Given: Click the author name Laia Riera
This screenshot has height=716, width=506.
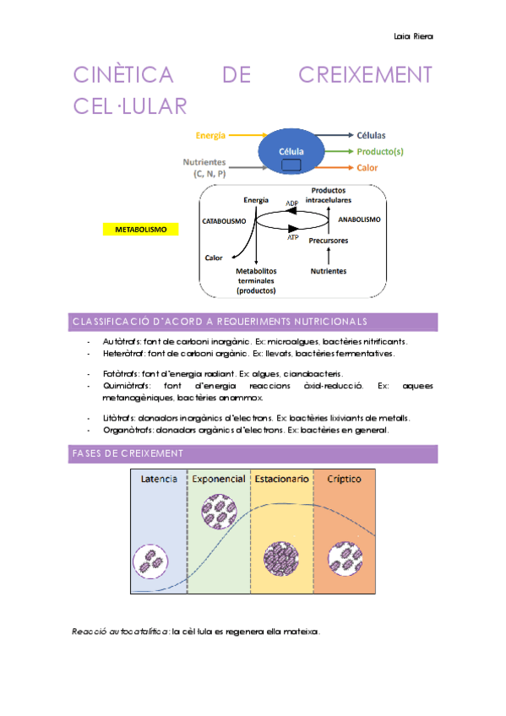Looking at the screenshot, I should pyautogui.click(x=413, y=35).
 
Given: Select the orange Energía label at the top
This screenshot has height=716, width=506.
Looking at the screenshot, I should pyautogui.click(x=210, y=135).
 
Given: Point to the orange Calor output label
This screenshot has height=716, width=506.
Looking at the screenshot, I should pyautogui.click(x=367, y=167).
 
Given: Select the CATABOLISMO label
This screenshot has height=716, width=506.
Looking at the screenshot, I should pyautogui.click(x=224, y=220).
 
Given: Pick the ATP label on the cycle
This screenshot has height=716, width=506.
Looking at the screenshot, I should pyautogui.click(x=293, y=237).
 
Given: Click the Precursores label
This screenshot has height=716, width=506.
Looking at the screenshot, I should pyautogui.click(x=329, y=241).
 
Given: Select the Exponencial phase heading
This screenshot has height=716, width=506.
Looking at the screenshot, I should pyautogui.click(x=218, y=479).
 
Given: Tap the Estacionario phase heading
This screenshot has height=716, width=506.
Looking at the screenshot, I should pyautogui.click(x=281, y=479).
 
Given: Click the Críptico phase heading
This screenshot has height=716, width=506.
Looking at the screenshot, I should pyautogui.click(x=344, y=479).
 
